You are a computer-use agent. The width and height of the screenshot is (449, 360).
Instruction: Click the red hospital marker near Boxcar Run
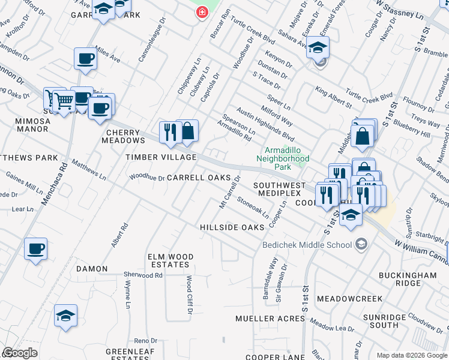pos(202,11)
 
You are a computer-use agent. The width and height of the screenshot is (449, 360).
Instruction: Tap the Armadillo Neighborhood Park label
pos(286,158)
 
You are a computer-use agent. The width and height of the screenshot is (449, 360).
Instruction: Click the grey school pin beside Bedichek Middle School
pos(361,244)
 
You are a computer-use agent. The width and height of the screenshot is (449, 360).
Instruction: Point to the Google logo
pos(20,353)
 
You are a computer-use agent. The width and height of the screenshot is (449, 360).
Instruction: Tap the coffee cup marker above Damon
pos(35,248)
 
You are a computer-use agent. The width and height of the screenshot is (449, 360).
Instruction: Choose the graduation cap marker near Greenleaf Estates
pos(65,316)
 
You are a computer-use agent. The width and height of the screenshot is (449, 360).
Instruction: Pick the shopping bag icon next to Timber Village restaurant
pos(187,131)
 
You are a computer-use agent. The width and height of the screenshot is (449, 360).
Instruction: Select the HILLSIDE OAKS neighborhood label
pos(232,227)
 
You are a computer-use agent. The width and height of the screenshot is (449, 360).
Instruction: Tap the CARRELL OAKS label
pos(199,178)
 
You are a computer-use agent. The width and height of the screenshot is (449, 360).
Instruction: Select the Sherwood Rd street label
pos(143,275)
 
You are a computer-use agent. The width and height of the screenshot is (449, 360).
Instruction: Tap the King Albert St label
pos(334,98)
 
